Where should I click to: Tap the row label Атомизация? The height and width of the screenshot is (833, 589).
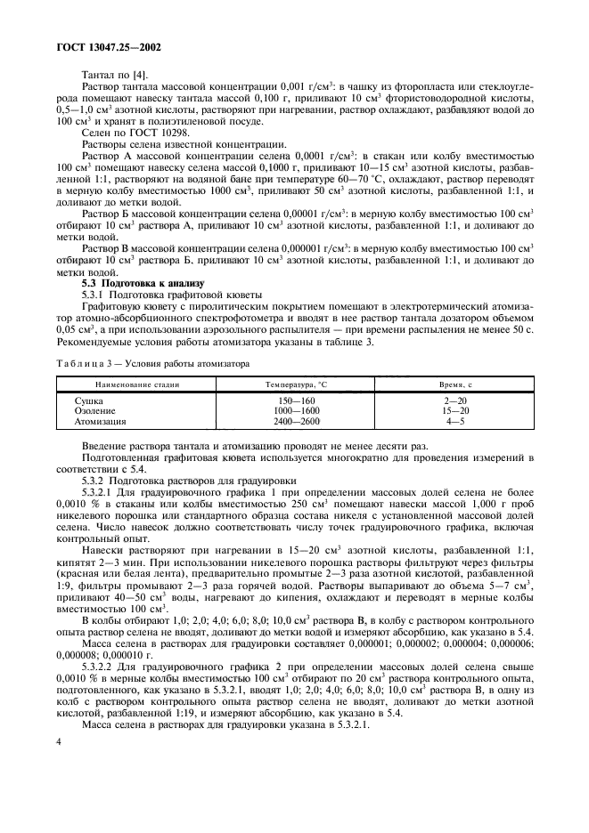100,422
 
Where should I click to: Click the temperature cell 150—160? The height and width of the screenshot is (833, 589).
297,401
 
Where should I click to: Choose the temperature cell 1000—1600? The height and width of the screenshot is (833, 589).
297,411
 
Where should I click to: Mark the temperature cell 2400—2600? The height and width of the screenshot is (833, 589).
297,422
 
